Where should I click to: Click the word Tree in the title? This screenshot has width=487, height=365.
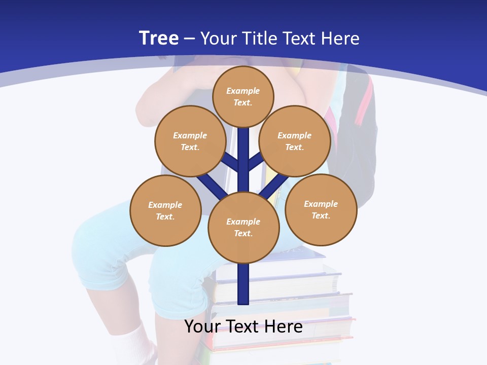(x=159, y=39)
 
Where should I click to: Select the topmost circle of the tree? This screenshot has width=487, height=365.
(x=243, y=96)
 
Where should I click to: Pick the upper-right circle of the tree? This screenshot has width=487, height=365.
(x=295, y=141)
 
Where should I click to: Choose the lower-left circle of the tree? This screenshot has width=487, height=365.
(x=165, y=210)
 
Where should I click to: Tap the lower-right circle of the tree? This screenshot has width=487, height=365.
(x=321, y=209)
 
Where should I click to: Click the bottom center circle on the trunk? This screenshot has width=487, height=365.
(x=243, y=228)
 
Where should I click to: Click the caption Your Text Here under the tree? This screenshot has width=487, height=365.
(x=243, y=326)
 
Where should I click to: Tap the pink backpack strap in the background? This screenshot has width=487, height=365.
(x=364, y=106)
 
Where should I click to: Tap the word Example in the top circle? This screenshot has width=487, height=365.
(x=243, y=91)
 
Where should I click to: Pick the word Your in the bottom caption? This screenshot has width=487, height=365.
(x=202, y=326)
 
